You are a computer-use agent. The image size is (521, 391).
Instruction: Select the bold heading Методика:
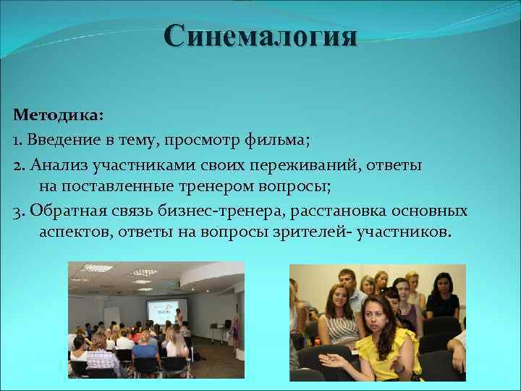[x=58, y=115]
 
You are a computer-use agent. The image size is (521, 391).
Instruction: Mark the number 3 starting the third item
[x=17, y=211]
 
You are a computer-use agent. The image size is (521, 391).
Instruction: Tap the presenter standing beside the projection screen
[x=177, y=319]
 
